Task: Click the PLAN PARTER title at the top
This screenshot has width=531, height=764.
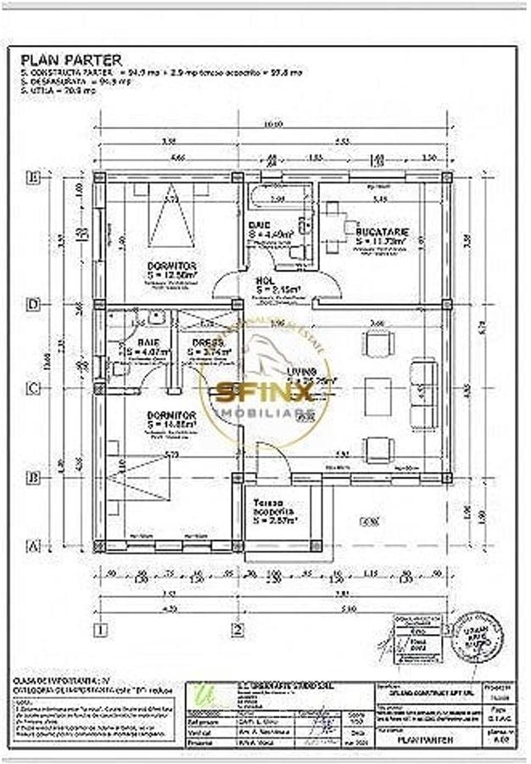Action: click(71, 59)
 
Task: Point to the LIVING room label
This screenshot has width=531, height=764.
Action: click(302, 372)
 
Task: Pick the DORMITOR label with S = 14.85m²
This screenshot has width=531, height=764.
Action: click(170, 414)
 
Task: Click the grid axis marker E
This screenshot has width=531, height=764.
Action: click(34, 178)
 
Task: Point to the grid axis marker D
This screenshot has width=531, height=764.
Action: click(34, 303)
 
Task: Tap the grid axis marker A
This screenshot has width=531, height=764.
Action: click(34, 546)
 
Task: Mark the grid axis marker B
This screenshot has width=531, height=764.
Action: click(34, 477)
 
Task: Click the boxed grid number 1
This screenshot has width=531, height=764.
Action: click(101, 629)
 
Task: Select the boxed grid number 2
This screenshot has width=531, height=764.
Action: click(238, 629)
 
